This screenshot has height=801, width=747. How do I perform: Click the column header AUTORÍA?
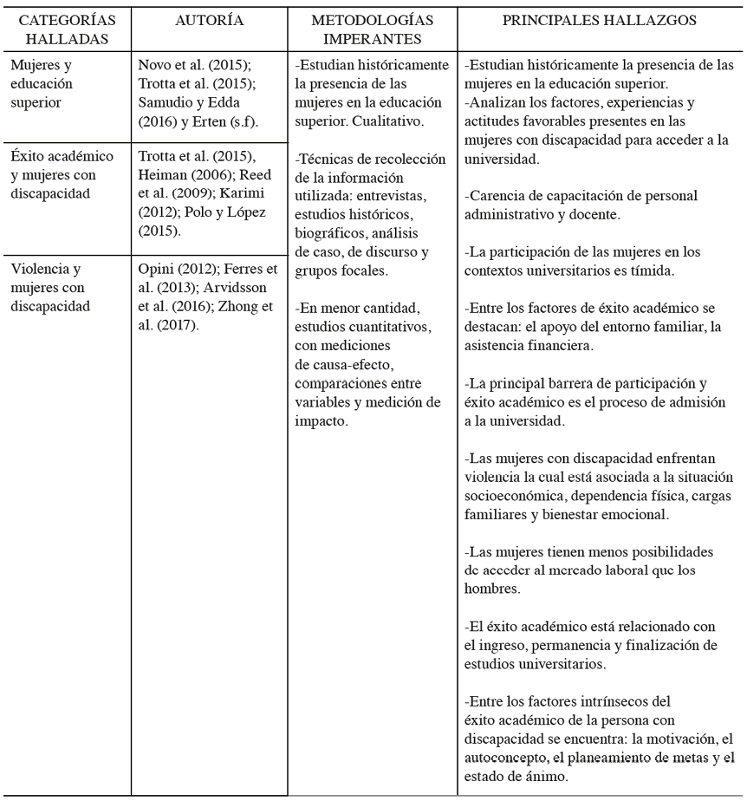tap(208, 21)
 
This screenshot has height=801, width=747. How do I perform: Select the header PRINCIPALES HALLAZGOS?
tap(600, 21)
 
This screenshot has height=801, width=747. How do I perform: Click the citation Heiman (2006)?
tap(181, 173)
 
